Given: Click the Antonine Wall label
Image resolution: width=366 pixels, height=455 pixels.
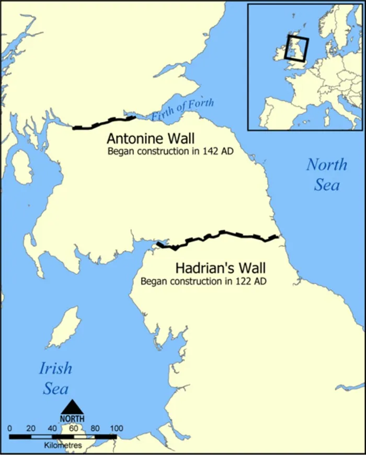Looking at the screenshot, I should pos(150,139).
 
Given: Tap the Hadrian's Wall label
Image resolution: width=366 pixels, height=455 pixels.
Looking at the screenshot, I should pos(220,269).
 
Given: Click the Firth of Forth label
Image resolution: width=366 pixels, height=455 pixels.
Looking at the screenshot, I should pos(182,109).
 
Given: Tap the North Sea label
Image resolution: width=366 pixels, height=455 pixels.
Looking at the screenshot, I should pos(327,174).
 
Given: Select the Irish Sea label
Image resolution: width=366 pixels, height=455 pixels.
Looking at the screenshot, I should pos(55,378).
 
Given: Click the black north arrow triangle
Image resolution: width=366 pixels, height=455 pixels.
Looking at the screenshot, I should pos(72,407).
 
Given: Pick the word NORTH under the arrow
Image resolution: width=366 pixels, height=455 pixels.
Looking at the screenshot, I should pos(72,418).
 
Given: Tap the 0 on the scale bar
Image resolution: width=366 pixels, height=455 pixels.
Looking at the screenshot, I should pos(10,428).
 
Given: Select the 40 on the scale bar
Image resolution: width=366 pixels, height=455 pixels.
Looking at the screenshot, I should pos(52,428).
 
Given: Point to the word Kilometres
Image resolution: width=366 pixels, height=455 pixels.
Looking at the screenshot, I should pos(63,445).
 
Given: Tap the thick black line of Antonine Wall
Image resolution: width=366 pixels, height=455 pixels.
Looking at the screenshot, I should pos(105,123).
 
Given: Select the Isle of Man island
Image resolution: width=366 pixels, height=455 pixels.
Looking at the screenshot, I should pos(65,328).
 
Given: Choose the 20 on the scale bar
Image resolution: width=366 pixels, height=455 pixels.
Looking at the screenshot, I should pos(31,428).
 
